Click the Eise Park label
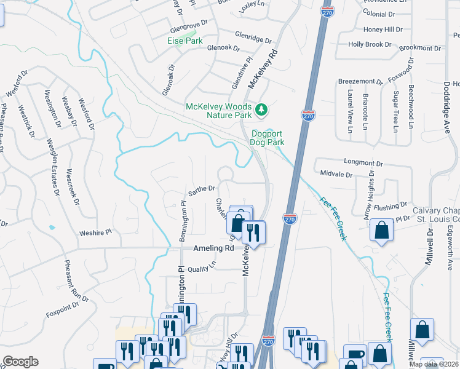(185, 41)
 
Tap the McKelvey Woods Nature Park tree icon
(263, 109)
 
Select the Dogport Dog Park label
(268, 137)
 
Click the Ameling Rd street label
(214, 248)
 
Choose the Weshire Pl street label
(96, 233)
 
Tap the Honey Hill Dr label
(383, 29)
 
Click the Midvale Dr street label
(336, 175)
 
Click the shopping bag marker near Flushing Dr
(381, 231)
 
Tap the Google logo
(20, 362)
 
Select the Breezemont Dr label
(360, 81)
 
